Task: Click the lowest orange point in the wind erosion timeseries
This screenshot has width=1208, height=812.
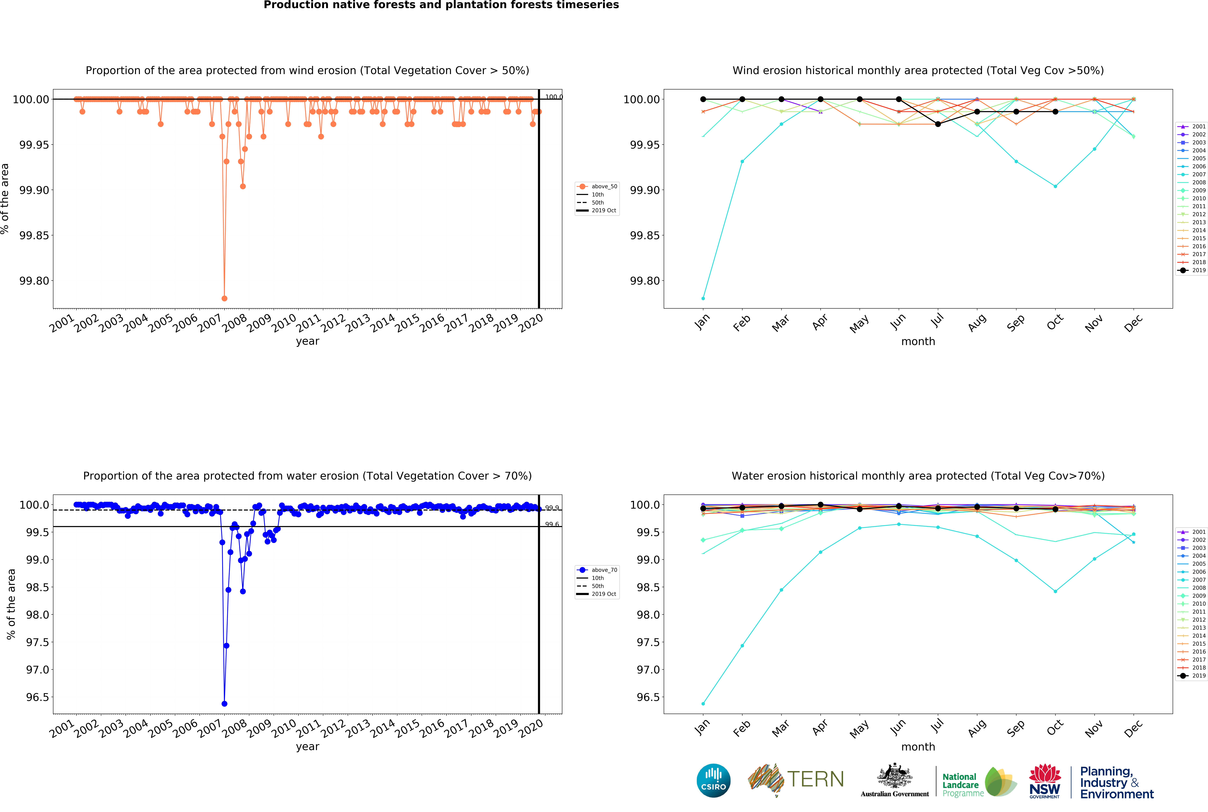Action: click(x=224, y=298)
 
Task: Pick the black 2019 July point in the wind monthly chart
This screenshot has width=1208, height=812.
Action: click(x=938, y=124)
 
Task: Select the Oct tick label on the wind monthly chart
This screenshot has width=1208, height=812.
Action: click(x=1055, y=322)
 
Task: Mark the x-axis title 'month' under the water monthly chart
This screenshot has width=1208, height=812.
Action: click(x=918, y=747)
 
